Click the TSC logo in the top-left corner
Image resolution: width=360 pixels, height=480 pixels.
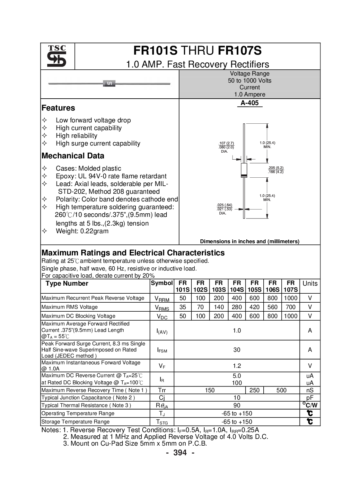pos(57,56)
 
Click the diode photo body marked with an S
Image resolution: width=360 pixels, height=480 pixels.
pos(109,83)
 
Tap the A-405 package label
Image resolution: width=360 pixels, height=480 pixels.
pos(250,103)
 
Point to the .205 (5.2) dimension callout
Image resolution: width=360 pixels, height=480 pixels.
pos(276,168)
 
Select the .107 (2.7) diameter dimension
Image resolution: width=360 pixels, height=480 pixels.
pos(226,143)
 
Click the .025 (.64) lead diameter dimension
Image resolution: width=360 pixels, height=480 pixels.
pos(224,205)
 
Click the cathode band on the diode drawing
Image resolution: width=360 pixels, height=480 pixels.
pos(244,176)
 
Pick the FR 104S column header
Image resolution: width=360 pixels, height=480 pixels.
pos(237,286)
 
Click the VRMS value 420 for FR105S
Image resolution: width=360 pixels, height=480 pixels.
pos(254,307)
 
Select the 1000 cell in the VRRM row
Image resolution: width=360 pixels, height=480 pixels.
pos(291,298)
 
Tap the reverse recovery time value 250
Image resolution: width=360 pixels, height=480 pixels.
pos(254,390)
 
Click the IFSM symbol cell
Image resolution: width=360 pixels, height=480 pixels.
pos(162,350)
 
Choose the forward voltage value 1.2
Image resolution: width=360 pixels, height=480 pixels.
pos(237,366)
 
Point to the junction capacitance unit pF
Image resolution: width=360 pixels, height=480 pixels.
pos(310,398)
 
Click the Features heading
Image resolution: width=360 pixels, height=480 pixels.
pos(58,108)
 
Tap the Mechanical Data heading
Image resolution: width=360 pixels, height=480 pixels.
pos(73,156)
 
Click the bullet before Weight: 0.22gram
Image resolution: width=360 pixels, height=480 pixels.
pos(44,231)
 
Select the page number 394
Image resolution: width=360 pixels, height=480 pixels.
pos(180,453)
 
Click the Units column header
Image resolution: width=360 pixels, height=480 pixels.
pos(310,283)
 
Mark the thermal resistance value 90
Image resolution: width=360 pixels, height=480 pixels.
pos(237,405)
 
